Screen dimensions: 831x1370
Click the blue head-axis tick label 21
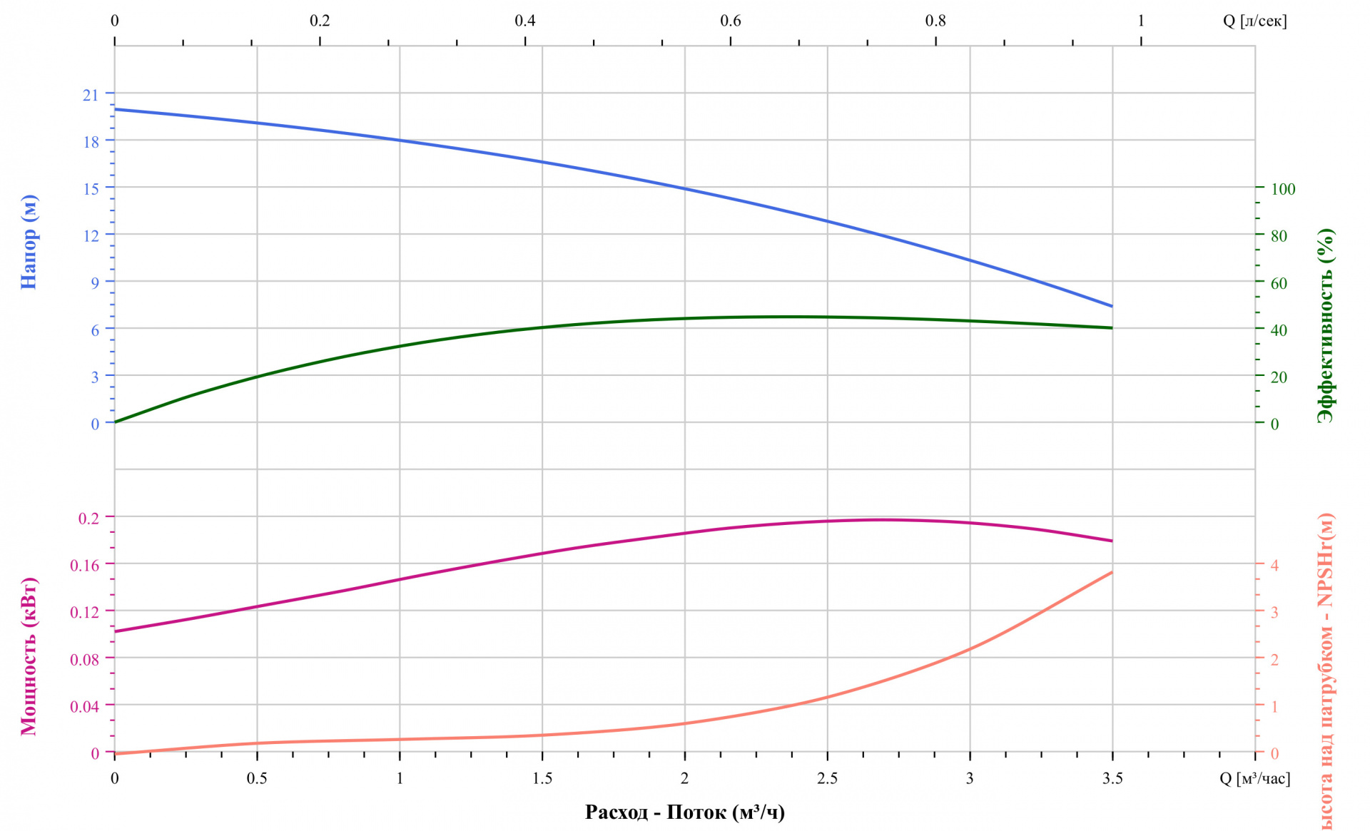coord(91,95)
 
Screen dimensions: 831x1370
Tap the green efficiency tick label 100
coord(1282,189)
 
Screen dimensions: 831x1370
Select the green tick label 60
coord(1279,283)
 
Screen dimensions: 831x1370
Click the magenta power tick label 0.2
coord(88,518)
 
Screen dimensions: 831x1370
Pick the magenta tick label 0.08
coord(84,659)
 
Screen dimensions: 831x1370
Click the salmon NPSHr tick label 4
coord(1274,565)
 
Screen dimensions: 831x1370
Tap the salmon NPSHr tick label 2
coord(1274,659)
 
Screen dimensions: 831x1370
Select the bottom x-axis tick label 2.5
coord(827,778)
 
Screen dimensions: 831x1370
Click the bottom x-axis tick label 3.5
coord(1112,778)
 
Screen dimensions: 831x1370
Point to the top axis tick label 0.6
coord(730,21)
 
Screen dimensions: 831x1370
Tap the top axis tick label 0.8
coord(935,21)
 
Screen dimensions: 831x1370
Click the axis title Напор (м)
coord(29,242)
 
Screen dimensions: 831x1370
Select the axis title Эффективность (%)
coord(1325,325)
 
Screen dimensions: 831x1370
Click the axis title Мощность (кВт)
coord(29,656)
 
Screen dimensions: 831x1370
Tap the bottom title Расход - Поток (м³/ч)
coord(684,812)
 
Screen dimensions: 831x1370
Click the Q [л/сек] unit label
coord(1254,21)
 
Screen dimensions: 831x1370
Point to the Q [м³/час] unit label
coord(1254,778)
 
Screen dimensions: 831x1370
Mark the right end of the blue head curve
coord(1112,306)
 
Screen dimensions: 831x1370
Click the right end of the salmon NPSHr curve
coord(1112,572)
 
